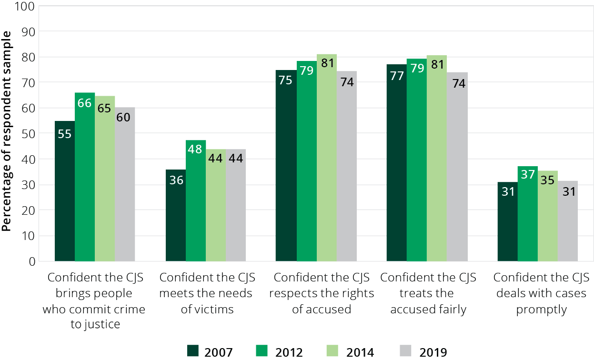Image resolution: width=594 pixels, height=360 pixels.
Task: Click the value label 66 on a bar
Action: [85, 103]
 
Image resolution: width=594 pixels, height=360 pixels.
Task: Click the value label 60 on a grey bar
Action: [124, 117]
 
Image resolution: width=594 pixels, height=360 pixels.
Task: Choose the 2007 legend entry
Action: [210, 352]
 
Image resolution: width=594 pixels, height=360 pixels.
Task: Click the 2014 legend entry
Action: [350, 352]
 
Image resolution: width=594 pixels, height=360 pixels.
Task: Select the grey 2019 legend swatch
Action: [404, 351]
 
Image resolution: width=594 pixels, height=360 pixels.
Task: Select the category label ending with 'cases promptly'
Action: [541, 293]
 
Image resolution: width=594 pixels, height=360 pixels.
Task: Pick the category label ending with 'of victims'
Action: [207, 293]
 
